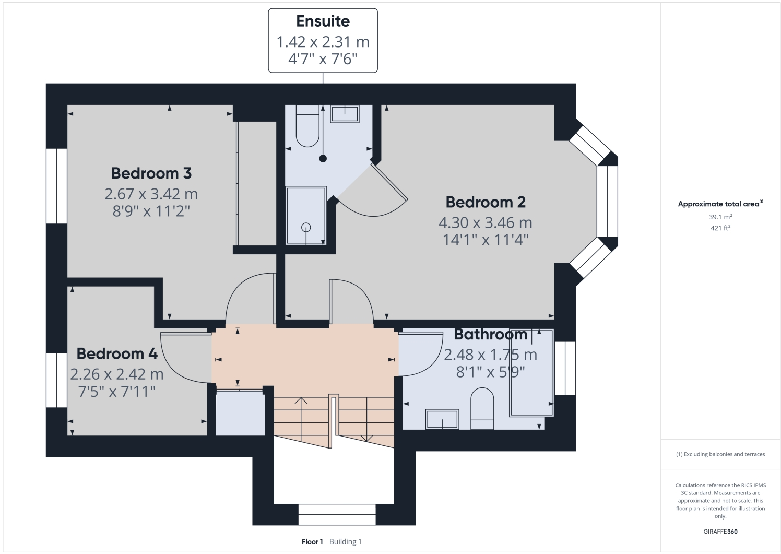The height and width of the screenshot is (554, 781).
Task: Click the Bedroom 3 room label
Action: coord(151,173)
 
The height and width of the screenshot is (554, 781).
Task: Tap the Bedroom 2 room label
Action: coord(485,202)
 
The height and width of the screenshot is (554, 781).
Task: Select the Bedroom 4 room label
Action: coord(117,353)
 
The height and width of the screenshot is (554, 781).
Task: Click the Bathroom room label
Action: coord(490,334)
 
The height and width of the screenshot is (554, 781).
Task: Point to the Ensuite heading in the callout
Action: coord(323,21)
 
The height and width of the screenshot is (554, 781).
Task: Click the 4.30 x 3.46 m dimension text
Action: coord(485,222)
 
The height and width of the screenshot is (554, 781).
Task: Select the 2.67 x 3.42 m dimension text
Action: coord(151,194)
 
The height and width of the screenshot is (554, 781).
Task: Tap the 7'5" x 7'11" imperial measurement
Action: coord(117,391)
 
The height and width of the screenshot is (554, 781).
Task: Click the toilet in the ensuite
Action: coord(307,126)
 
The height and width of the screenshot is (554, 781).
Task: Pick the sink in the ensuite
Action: coord(345,114)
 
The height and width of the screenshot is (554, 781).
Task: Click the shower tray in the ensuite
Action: coord(306,215)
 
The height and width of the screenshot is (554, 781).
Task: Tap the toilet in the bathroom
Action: coord(482,408)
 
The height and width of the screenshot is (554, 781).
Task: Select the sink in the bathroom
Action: coord(442,419)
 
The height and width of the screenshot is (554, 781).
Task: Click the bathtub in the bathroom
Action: coord(531,372)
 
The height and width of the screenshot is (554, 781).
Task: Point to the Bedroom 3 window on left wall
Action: coord(56,186)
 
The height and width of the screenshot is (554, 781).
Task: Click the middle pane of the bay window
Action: coord(607,202)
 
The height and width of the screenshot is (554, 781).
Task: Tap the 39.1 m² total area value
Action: coord(720,217)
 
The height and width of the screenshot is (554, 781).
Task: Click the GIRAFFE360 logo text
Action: coord(720,532)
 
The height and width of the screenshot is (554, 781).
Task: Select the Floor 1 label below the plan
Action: coord(312,541)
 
